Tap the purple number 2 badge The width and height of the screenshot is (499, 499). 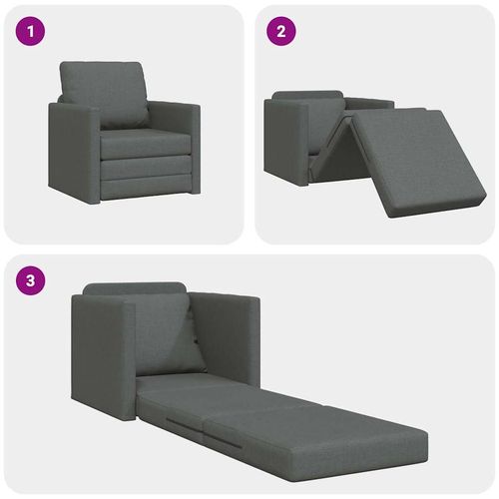(281, 31)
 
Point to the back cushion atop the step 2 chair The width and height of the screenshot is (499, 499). (309, 97)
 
